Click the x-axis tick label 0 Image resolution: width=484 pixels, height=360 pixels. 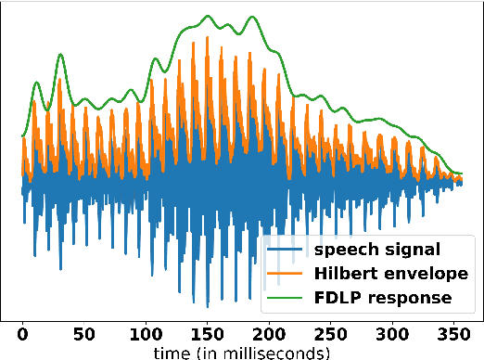[x=22, y=334]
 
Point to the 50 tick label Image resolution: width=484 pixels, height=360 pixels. [x=84, y=334]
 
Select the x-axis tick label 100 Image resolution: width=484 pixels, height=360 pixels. [x=146, y=334]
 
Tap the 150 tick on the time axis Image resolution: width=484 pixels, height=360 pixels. [x=208, y=334]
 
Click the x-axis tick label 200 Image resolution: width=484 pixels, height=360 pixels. [x=269, y=334]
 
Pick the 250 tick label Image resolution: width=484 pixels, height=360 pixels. [x=331, y=334]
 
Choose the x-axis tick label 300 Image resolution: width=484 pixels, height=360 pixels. [x=392, y=334]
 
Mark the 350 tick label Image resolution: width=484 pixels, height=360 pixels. [x=454, y=334]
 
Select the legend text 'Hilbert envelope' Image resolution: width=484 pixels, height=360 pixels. [x=377, y=274]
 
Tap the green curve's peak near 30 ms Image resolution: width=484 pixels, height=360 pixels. [x=60, y=54]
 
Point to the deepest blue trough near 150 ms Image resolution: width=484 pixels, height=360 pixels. [x=206, y=307]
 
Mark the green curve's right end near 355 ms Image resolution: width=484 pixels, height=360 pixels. [x=461, y=174]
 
